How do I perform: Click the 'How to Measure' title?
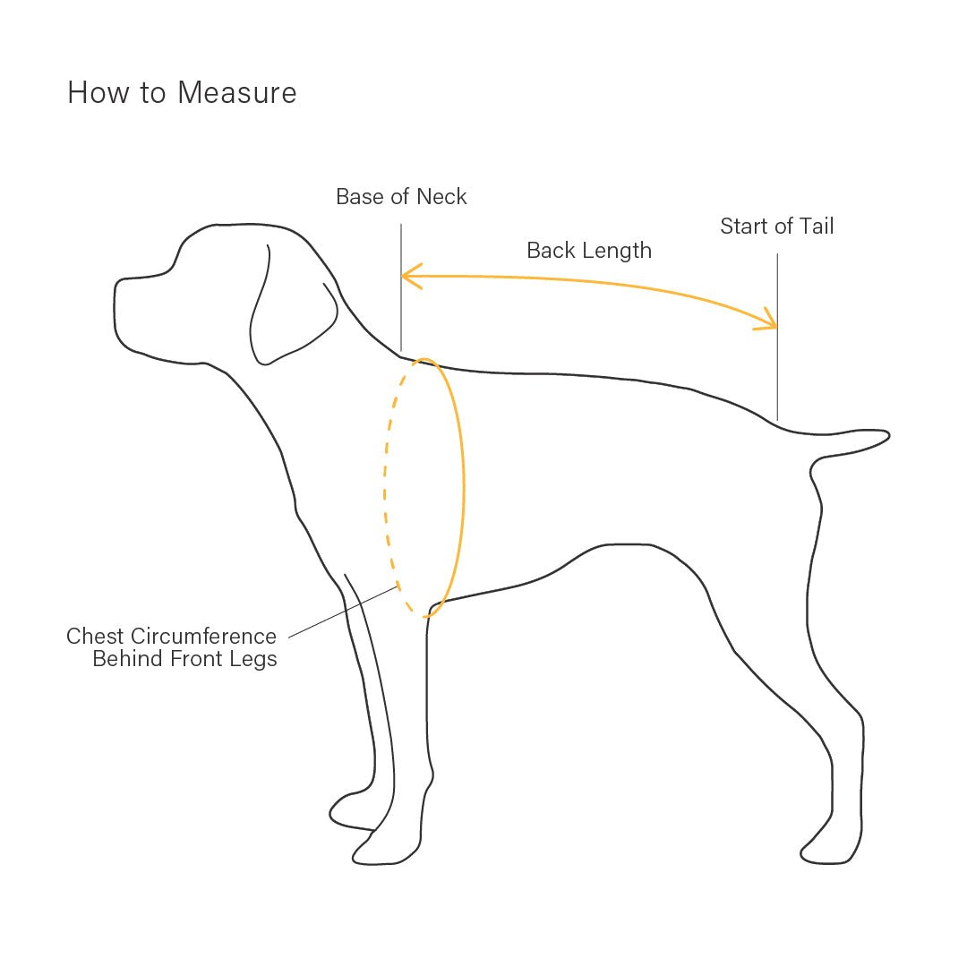coord(182,92)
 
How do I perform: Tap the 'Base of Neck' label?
coord(401,196)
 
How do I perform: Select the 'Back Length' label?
coord(589,250)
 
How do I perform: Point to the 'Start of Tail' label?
coord(776,226)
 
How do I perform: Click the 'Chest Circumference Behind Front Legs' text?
coord(172,647)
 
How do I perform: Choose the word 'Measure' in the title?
coord(237,92)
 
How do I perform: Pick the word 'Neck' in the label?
coord(442,196)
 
